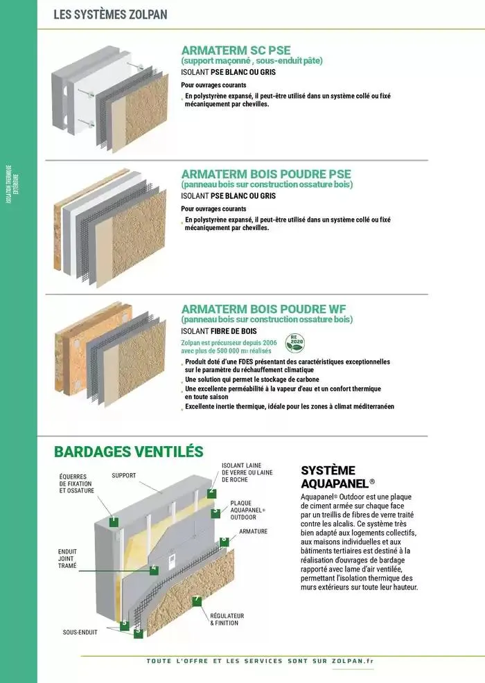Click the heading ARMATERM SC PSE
[x=236, y=50]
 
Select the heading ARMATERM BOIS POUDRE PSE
[x=266, y=174]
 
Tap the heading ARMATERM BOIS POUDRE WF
[x=263, y=308]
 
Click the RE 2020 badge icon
[x=296, y=343]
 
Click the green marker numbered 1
[x=113, y=520]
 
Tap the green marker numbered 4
[x=154, y=569]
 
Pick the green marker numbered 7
[x=197, y=599]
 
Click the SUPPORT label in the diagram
[x=123, y=476]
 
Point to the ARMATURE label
[x=253, y=531]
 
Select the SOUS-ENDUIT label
[x=80, y=632]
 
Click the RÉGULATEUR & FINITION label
[x=227, y=619]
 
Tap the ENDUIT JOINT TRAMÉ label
[x=67, y=559]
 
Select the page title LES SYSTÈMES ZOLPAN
[x=110, y=14]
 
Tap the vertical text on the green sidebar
[x=9, y=184]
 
